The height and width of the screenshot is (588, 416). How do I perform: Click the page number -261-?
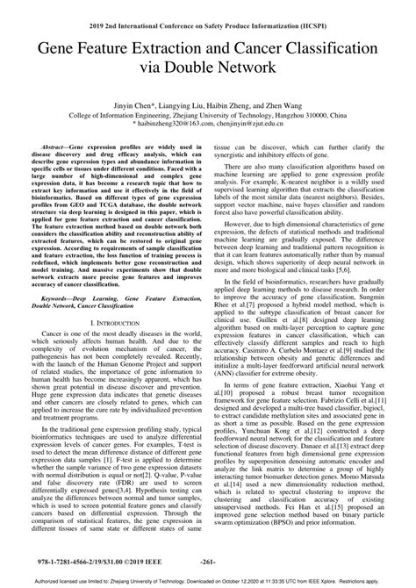point(208,556)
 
